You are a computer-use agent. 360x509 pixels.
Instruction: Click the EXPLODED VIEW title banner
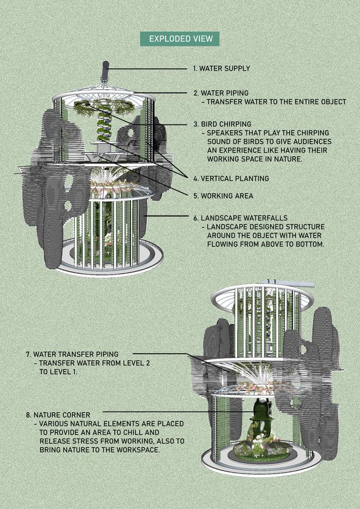pyautogui.click(x=179, y=39)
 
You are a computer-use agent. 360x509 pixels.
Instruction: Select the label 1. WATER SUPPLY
pyautogui.click(x=222, y=69)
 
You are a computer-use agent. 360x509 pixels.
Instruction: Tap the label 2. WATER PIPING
pyautogui.click(x=221, y=93)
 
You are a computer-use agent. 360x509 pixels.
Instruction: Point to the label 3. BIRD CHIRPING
pyautogui.click(x=222, y=124)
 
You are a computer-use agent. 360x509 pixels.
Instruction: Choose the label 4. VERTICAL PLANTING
pyautogui.click(x=231, y=178)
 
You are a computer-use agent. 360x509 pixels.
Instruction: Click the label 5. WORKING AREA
pyautogui.click(x=223, y=196)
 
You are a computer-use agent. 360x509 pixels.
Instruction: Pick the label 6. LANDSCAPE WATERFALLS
pyautogui.click(x=241, y=218)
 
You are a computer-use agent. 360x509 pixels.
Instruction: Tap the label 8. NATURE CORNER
pyautogui.click(x=58, y=415)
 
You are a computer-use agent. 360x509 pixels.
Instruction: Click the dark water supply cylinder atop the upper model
pyautogui.click(x=105, y=71)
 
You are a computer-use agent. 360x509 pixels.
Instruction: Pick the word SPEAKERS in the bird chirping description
pyautogui.click(x=224, y=133)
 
